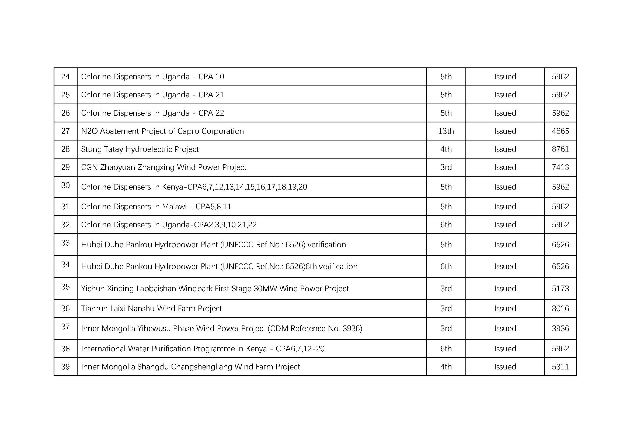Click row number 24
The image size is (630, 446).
65,77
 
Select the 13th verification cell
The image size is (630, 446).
446,131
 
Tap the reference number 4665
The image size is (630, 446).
560,131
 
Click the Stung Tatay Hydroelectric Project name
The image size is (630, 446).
140,149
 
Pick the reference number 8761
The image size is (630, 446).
560,149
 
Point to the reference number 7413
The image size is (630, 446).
560,167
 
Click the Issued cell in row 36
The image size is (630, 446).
505,308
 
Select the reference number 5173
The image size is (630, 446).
560,288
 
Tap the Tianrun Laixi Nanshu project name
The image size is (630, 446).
151,308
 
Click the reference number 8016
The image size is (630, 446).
560,308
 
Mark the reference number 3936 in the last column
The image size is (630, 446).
560,328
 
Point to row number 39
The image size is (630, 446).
65,367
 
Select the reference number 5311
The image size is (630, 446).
560,367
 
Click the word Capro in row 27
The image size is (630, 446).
189,131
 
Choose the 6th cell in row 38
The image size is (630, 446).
446,348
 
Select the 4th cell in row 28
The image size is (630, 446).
446,149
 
